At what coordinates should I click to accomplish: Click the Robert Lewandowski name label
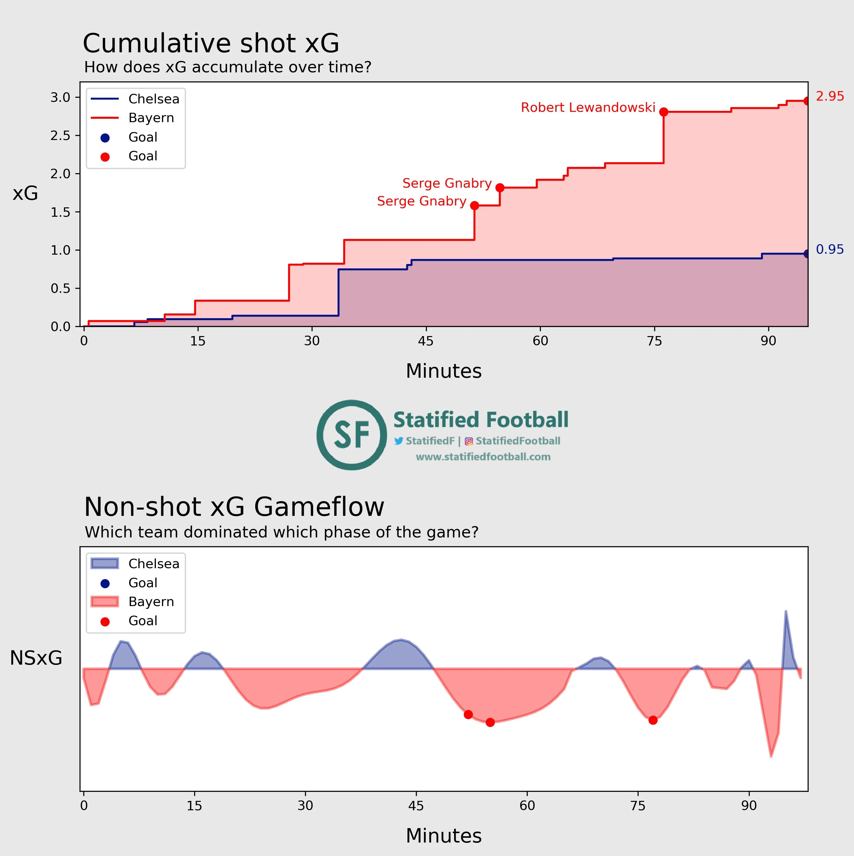(588, 108)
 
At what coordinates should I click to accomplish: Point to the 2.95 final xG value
(830, 96)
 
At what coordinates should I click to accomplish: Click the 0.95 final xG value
(830, 249)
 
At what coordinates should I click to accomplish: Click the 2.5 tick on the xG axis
(60, 136)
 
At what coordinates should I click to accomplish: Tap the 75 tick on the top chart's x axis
(654, 341)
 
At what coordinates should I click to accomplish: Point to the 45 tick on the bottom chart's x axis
(416, 806)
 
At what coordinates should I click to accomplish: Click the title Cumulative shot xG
(211, 44)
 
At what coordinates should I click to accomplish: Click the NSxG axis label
(36, 658)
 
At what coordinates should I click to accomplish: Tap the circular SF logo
(352, 435)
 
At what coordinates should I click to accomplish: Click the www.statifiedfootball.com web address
(483, 457)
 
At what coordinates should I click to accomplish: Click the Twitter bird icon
(399, 441)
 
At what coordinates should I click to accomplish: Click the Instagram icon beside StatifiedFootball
(468, 441)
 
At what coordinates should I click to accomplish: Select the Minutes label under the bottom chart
(443, 836)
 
